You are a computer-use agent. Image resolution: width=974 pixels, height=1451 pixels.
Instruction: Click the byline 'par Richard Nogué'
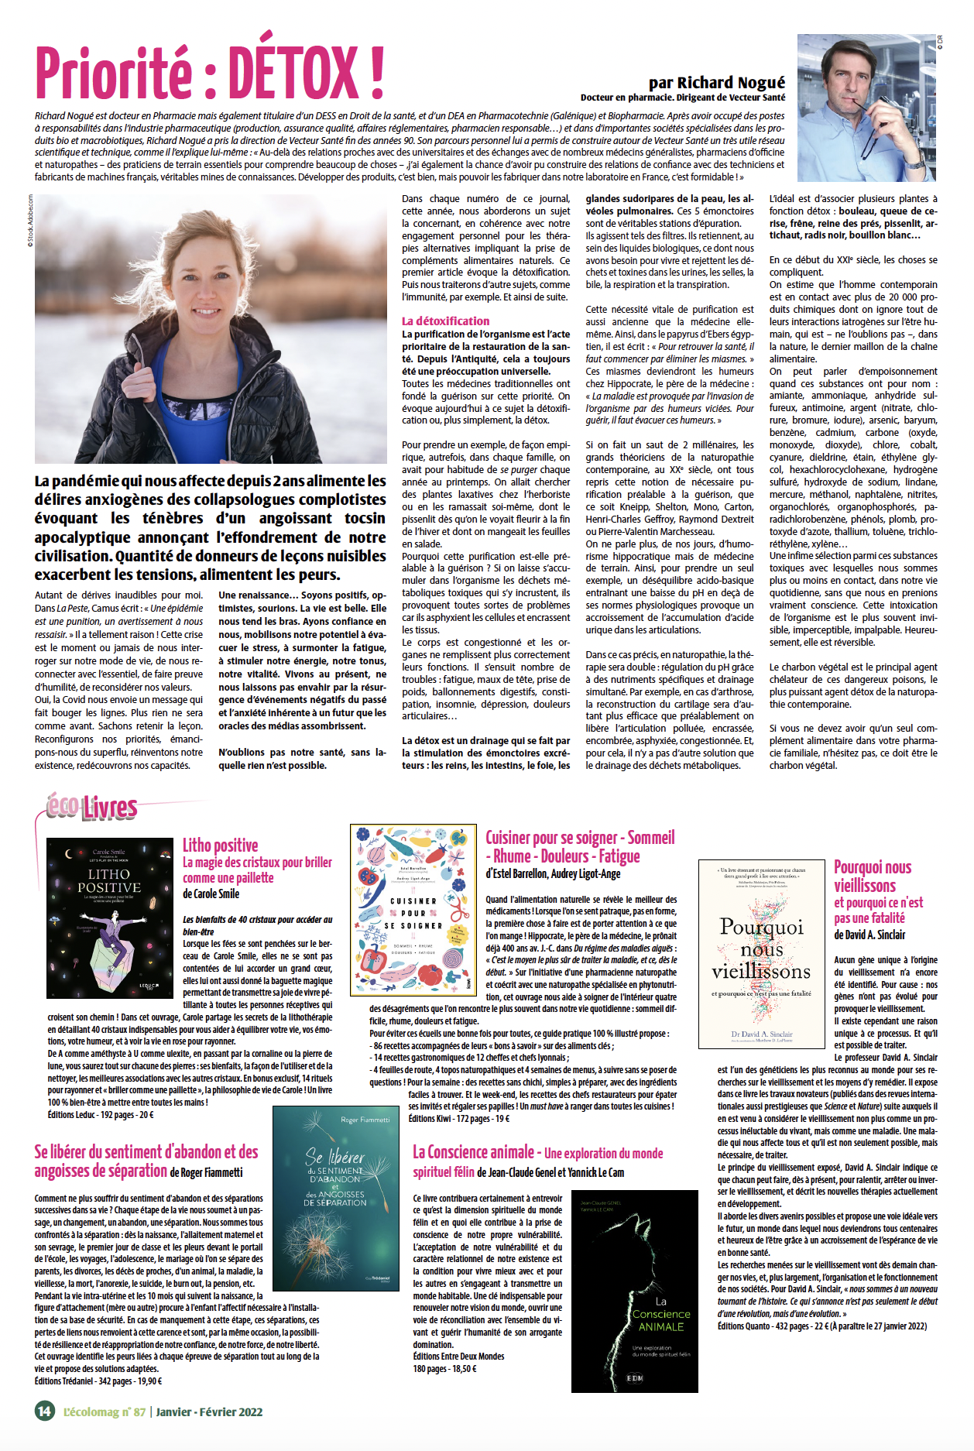[716, 83]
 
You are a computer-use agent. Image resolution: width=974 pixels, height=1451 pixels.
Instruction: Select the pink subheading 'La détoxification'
[445, 321]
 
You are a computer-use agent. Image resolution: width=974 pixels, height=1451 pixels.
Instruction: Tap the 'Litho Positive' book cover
[109, 918]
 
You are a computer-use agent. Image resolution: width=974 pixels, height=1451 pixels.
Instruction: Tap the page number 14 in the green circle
[45, 1410]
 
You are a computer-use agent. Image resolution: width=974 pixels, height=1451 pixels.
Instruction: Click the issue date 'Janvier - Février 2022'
[209, 1411]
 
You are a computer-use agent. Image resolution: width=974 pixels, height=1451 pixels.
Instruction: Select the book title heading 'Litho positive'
[221, 845]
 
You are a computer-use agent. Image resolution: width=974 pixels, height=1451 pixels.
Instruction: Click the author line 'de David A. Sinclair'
[869, 935]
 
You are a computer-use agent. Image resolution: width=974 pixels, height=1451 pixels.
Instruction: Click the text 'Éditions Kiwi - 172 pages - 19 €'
[459, 1118]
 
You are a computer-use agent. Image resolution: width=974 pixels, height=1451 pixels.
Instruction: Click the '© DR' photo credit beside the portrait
[940, 43]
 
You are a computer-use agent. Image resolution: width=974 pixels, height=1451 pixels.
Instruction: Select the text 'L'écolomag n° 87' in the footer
[105, 1411]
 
